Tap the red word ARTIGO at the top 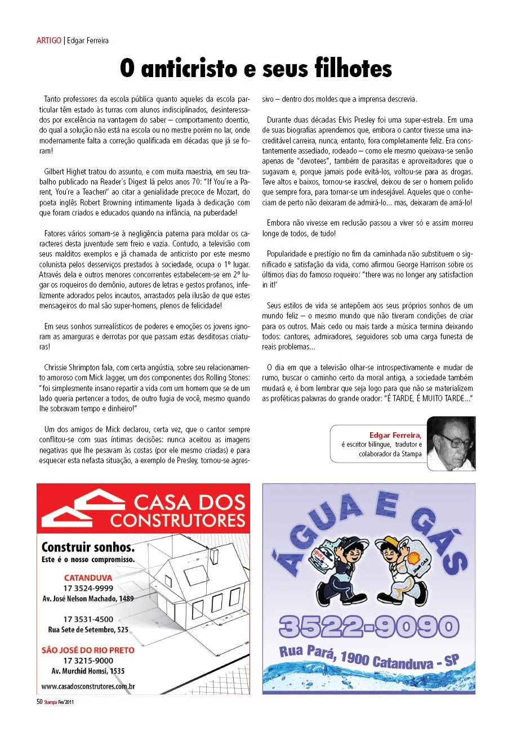pyautogui.click(x=48, y=41)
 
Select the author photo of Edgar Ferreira pyautogui.click(x=451, y=443)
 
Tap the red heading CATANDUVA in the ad pyautogui.click(x=88, y=577)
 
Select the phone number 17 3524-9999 pyautogui.click(x=88, y=588)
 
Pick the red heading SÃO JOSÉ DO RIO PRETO pyautogui.click(x=88, y=649)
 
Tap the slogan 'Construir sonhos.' pyautogui.click(x=88, y=548)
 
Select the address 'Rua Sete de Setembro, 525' pyautogui.click(x=88, y=629)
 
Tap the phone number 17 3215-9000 pyautogui.click(x=88, y=660)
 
